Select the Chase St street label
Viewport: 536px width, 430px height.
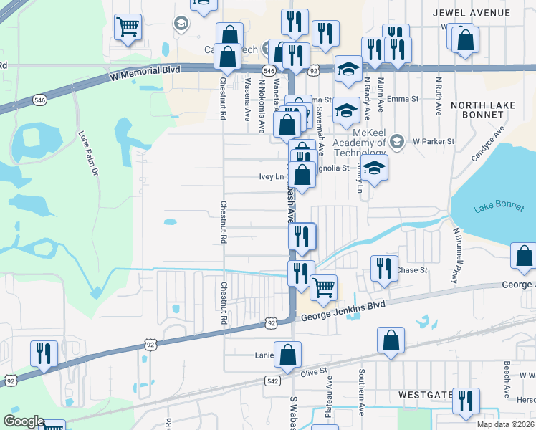coord(412,270)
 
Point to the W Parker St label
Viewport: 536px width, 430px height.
coord(434,141)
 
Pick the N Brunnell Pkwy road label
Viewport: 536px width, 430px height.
coord(456,256)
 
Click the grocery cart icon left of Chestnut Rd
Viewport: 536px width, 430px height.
coord(128,28)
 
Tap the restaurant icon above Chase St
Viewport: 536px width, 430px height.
coord(384,268)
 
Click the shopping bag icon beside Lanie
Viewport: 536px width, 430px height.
coord(287,354)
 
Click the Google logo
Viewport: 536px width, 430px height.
coord(23,422)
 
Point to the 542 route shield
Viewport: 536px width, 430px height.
coord(272,381)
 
